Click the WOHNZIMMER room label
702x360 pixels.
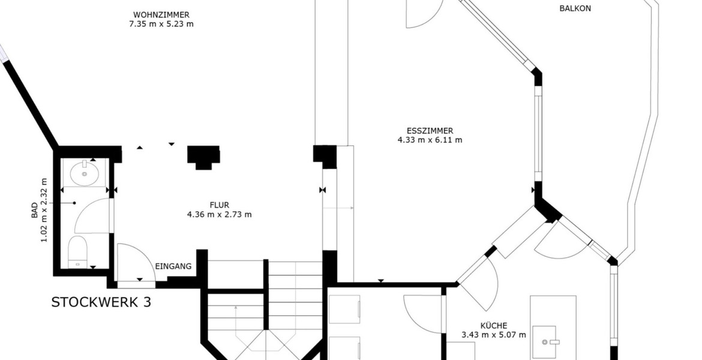coord(161,15)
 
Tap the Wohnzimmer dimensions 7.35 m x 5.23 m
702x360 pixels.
coord(161,24)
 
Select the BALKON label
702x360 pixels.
coord(575,8)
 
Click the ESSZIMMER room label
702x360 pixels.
coord(430,131)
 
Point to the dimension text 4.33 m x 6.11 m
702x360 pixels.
coord(430,140)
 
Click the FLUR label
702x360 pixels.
coord(220,205)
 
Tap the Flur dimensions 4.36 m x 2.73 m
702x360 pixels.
coord(220,214)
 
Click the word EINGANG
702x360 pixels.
coord(173,266)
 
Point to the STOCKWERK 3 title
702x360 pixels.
coord(101,302)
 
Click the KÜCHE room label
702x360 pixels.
coord(494,326)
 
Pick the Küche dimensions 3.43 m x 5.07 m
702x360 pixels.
coord(494,335)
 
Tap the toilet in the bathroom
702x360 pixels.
coord(77,251)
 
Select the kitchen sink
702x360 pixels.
coord(544,342)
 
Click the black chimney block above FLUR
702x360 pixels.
coord(203,157)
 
